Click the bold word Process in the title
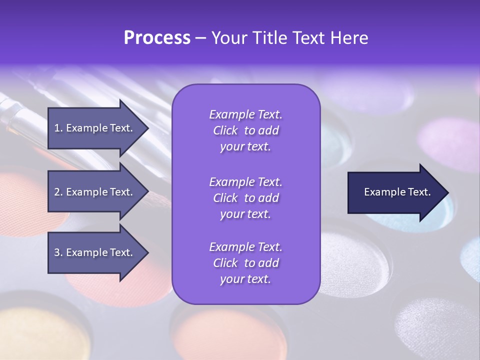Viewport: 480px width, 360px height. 157,38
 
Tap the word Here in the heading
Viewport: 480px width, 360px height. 349,38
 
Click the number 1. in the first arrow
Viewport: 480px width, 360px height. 58,128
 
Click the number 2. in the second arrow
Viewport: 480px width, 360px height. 58,192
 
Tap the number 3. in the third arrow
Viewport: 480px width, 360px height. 58,252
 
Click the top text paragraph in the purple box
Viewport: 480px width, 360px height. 245,130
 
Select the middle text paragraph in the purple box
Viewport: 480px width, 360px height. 245,198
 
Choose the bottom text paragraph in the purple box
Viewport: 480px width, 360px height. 245,263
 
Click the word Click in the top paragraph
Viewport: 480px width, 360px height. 225,131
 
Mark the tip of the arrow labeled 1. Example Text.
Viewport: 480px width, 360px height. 148,128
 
